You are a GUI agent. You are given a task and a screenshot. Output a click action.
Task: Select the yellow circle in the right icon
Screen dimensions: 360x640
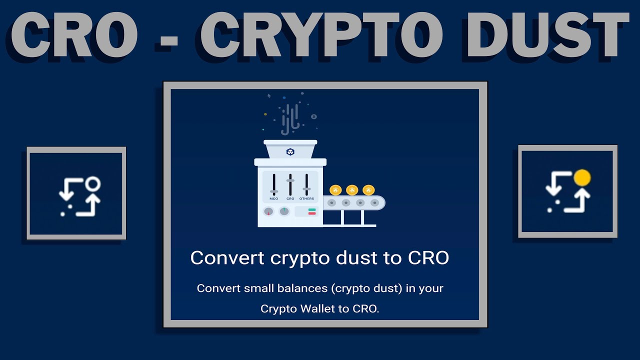click(582, 177)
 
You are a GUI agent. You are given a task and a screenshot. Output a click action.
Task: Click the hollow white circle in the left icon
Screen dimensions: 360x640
click(92, 184)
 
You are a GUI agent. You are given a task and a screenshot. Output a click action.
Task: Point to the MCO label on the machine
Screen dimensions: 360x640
click(274, 198)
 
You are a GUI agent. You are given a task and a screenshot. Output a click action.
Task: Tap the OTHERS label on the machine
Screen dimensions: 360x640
click(306, 198)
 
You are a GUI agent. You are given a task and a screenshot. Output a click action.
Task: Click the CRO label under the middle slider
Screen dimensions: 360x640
click(290, 198)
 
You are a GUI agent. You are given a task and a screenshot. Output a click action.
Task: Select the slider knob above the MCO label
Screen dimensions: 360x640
click(274, 191)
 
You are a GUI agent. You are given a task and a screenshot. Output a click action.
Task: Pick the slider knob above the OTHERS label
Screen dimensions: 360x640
click(306, 188)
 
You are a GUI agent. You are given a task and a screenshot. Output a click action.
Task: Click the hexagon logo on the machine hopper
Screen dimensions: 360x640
click(290, 151)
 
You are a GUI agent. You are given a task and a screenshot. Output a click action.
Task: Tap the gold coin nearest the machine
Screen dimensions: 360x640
click(336, 189)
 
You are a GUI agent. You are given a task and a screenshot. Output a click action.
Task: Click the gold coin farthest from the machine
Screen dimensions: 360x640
click(368, 189)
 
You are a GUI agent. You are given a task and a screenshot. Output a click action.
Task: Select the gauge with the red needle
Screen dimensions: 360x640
click(268, 211)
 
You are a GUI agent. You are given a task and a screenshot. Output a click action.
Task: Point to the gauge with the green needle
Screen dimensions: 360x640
click(284, 211)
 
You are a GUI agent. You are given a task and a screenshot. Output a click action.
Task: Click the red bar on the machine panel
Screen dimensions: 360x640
click(312, 213)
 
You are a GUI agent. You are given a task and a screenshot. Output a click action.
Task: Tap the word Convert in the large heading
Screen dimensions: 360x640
click(227, 258)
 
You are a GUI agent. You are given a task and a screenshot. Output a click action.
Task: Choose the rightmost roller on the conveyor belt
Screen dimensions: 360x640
click(374, 203)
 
